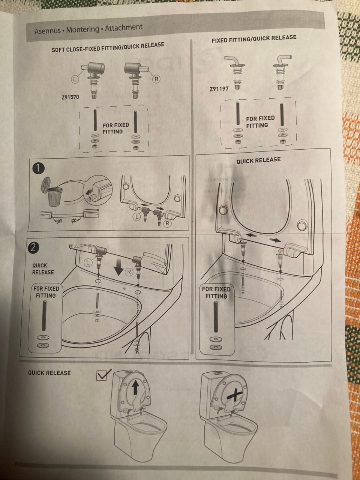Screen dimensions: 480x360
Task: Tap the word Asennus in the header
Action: (47, 31)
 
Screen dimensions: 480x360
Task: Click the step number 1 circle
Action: (38, 168)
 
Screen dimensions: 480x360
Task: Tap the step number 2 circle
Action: (33, 247)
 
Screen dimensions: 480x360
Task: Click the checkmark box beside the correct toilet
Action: (104, 374)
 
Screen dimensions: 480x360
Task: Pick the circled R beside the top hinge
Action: (156, 79)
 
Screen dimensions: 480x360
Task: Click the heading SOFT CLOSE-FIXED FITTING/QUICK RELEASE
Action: (108, 47)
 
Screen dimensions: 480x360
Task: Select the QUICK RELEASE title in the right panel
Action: (258, 160)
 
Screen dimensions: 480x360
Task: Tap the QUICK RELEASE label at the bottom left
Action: (49, 373)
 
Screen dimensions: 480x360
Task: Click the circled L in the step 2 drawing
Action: (88, 262)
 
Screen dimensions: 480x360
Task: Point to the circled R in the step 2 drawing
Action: (129, 272)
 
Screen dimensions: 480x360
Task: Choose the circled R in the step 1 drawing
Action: (167, 223)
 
